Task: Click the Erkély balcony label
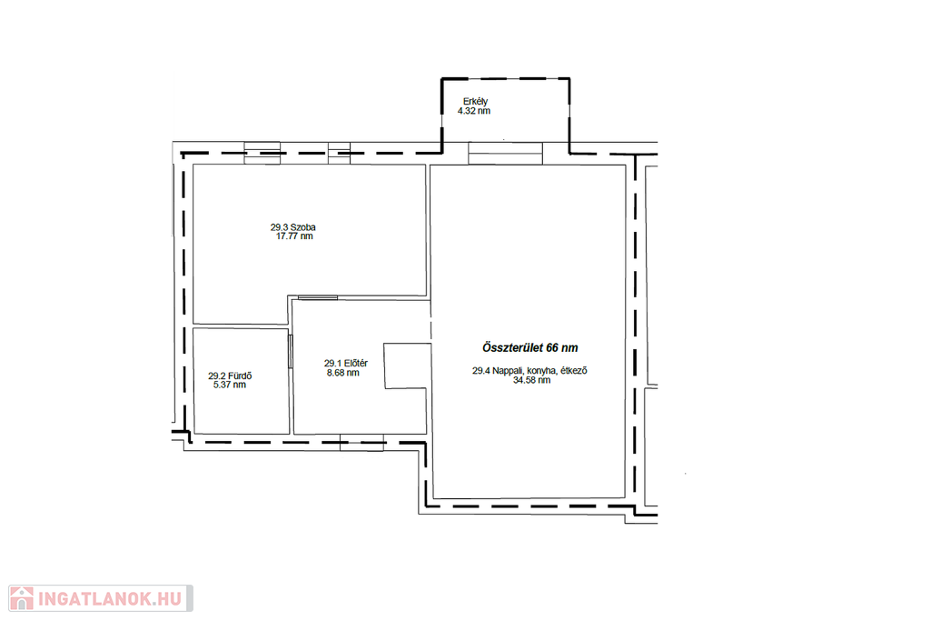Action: [x=475, y=102]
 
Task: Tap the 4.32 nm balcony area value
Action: [x=474, y=111]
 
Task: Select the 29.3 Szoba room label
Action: [x=293, y=227]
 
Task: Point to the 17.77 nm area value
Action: [x=294, y=236]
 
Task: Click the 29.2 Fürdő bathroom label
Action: [x=230, y=376]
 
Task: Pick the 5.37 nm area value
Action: [x=230, y=385]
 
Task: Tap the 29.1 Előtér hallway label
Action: [x=346, y=364]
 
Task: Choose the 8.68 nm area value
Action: [x=342, y=373]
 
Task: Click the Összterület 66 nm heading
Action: [x=529, y=348]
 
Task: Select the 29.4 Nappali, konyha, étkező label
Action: [x=529, y=370]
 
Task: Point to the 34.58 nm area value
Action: [x=531, y=380]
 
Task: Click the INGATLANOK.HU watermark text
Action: [x=110, y=599]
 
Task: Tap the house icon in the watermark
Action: [x=22, y=598]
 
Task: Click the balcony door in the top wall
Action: [x=505, y=153]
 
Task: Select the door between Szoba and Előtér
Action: [x=318, y=297]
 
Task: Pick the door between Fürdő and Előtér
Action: [x=291, y=351]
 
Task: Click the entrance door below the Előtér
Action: [x=361, y=442]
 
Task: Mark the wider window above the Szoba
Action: [x=262, y=153]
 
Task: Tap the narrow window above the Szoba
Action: [x=340, y=153]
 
